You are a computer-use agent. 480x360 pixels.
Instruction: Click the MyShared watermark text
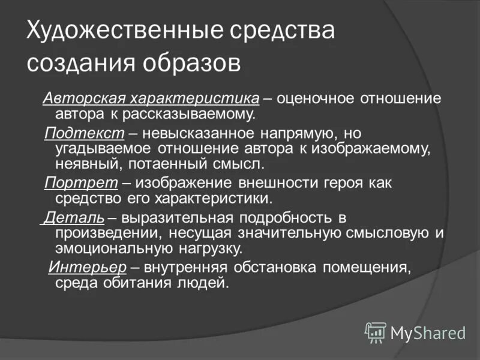coord(428,332)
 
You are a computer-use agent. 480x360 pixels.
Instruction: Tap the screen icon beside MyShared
coord(376,332)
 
